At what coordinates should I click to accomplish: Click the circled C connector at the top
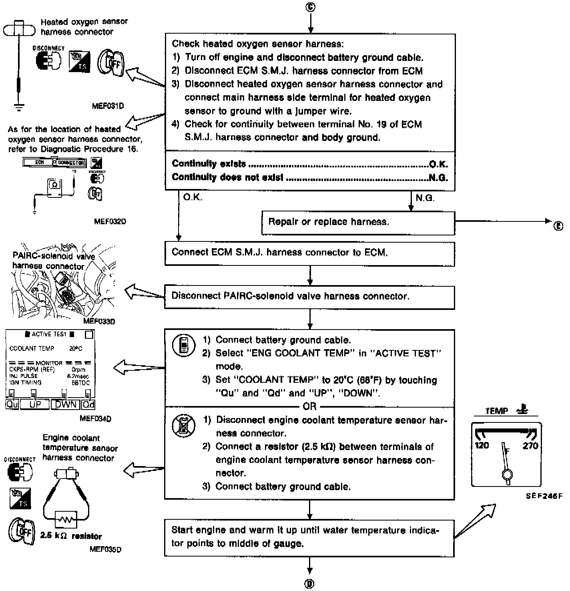[310, 7]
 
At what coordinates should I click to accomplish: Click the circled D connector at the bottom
[309, 583]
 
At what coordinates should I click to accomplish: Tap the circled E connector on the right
[558, 225]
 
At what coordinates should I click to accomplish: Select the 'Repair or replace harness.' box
[358, 223]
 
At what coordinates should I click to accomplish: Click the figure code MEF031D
[107, 106]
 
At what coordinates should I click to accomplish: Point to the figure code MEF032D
[110, 221]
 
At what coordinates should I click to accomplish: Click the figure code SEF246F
[544, 496]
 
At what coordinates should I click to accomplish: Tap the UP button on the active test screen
[36, 404]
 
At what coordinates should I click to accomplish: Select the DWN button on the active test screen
[66, 404]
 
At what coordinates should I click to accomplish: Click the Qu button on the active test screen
[12, 404]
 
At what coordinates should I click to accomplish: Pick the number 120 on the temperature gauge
[482, 445]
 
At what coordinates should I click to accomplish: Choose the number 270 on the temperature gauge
[530, 445]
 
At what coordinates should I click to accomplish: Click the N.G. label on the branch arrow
[425, 198]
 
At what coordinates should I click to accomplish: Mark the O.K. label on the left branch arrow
[193, 197]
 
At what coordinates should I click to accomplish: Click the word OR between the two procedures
[309, 406]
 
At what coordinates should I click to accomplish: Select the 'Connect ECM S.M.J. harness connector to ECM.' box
[309, 253]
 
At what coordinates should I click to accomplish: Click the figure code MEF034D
[95, 419]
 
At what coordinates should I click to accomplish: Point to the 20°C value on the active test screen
[76, 348]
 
